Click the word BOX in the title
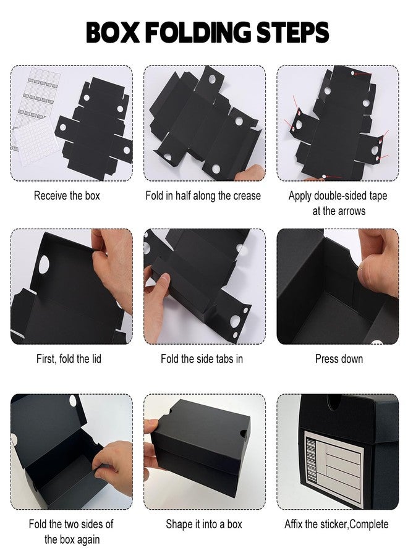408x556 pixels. point(113,32)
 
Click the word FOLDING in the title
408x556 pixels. point(197,32)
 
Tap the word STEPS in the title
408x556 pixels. point(292,32)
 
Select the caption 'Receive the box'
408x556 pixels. point(67,195)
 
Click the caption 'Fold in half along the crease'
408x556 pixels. point(203,195)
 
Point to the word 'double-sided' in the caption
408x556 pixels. point(340,196)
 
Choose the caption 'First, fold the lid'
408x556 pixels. point(69,359)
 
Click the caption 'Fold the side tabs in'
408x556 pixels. point(202,359)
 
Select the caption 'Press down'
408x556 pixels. point(339,359)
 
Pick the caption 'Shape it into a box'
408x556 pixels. point(204,524)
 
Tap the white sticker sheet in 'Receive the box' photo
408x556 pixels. point(33,141)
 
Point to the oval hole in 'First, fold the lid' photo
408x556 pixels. point(44,264)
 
